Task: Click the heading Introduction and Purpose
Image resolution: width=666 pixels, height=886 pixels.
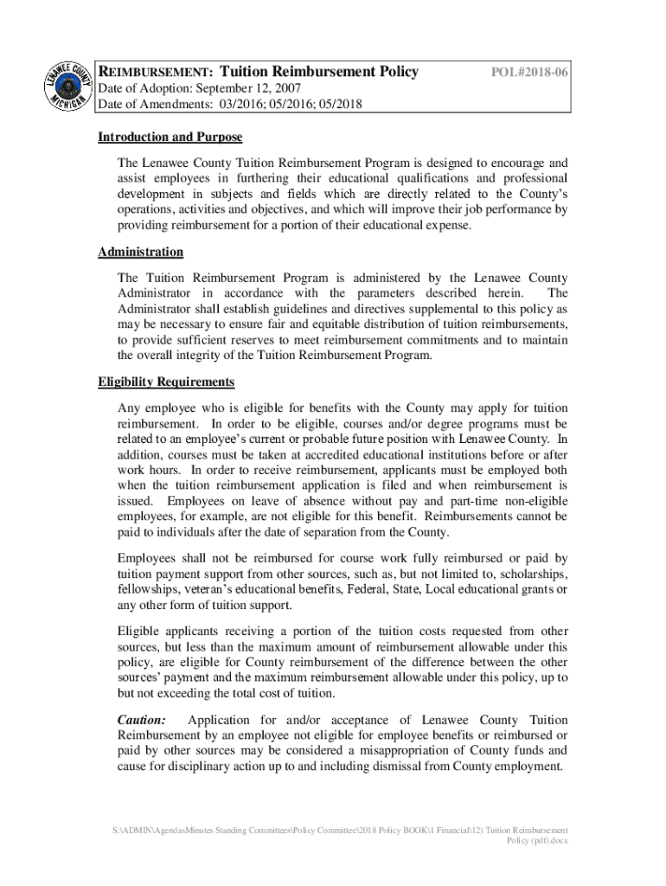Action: point(170,138)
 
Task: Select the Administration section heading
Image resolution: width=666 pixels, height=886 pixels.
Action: point(140,252)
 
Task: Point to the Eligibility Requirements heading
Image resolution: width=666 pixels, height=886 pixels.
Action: point(166,382)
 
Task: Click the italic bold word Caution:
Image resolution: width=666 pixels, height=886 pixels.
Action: point(141,720)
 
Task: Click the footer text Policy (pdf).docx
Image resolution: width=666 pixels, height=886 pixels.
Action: point(536,840)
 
